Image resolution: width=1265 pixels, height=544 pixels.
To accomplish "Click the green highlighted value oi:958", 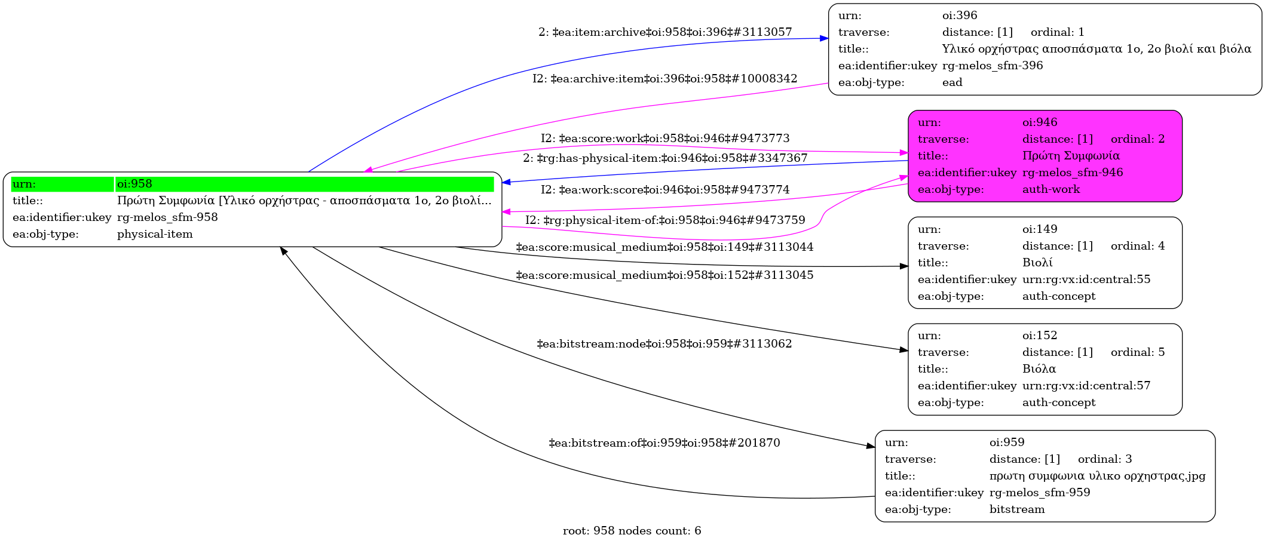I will coord(134,184).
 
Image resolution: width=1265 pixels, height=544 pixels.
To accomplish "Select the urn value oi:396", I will coord(960,16).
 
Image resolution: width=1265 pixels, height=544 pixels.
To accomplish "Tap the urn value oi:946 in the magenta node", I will coord(1039,122).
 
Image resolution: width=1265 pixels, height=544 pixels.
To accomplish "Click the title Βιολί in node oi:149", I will coord(1037,263).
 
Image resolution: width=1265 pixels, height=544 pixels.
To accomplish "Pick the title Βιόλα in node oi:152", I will coord(1039,369).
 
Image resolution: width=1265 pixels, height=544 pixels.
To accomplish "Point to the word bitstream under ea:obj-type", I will coord(1016,509).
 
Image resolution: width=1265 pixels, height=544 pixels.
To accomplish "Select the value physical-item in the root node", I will coord(155,234).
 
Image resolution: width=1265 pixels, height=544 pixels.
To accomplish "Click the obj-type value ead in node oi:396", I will coord(952,82).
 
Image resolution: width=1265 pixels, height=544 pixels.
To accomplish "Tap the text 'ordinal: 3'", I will coord(1104,459).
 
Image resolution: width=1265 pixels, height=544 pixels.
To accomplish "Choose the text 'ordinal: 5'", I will coord(1137,352).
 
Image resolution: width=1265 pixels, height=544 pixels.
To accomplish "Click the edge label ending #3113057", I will coord(664,32).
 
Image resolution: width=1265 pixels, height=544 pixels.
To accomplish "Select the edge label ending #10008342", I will coord(664,79).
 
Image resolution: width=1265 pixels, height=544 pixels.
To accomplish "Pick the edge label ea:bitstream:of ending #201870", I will coord(664,443).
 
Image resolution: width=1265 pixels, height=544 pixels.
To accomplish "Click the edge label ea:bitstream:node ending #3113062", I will coord(664,344).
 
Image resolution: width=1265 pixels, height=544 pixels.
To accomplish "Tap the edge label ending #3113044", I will coord(664,247).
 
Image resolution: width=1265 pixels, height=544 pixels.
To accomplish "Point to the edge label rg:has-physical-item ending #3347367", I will coord(664,158).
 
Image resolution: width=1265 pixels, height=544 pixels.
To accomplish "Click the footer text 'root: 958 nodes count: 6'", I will coord(632,531).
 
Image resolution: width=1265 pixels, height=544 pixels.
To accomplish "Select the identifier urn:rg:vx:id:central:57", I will coord(1086,386).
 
